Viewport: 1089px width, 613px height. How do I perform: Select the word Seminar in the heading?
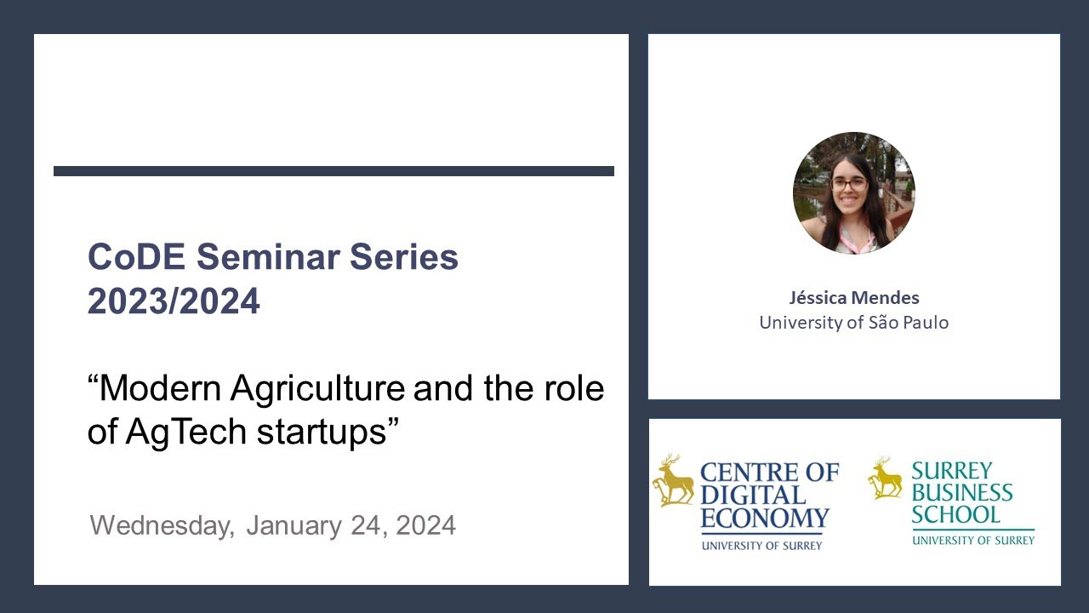[x=271, y=257]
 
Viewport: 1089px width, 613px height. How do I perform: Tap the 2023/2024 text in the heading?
[x=174, y=301]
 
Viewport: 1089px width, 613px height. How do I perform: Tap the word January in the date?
[x=294, y=525]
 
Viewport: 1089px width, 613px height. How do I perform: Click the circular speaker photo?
[x=853, y=193]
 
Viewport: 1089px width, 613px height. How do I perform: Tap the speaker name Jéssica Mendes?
[x=853, y=298]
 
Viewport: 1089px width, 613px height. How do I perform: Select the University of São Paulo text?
[x=853, y=323]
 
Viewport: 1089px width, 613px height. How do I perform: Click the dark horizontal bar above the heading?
[x=334, y=171]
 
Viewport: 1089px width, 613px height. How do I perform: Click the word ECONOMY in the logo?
[x=764, y=518]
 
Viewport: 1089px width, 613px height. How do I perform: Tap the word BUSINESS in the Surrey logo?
[x=962, y=492]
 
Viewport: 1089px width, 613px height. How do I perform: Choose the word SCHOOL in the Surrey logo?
[x=955, y=514]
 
